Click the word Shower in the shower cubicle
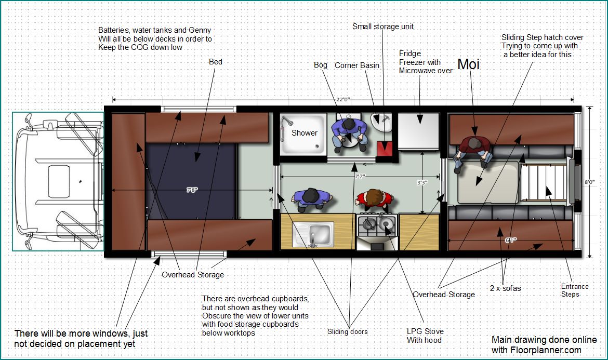pos(305,133)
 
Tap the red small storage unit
pos(385,149)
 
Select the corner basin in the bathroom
pos(381,122)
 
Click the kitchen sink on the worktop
pos(313,234)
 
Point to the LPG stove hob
pos(377,225)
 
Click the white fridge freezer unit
pos(419,131)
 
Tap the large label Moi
pos(469,64)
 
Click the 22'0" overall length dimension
pos(343,100)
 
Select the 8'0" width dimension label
pos(589,182)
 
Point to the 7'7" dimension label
pos(360,177)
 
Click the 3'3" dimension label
pos(422,182)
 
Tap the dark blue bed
pos(191,181)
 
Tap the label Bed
pos(216,62)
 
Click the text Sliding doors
pos(348,332)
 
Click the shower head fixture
pos(287,121)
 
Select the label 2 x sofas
pos(505,288)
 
